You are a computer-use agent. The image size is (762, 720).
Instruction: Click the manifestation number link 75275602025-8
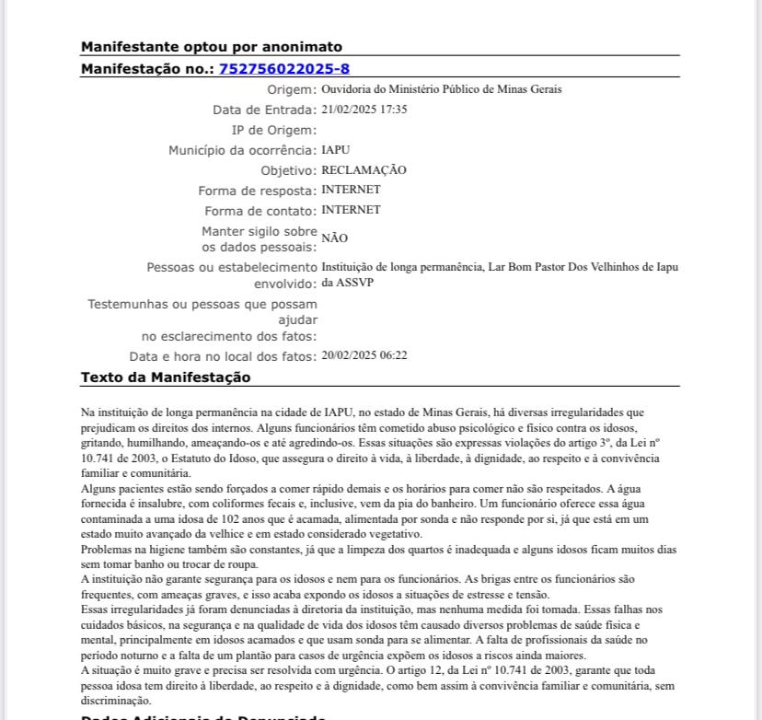pos(284,69)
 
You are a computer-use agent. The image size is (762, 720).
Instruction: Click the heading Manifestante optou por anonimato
pos(212,47)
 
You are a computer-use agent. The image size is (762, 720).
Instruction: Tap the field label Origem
pos(292,90)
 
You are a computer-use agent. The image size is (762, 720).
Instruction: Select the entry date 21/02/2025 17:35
pos(364,110)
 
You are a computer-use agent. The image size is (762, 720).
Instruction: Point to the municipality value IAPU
pos(336,150)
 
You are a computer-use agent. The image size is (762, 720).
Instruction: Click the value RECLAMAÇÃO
pos(364,170)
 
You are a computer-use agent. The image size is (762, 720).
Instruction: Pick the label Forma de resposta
pos(258,191)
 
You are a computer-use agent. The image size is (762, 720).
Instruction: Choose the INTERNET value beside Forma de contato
pos(351,210)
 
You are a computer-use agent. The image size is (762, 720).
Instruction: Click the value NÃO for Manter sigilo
pos(334,238)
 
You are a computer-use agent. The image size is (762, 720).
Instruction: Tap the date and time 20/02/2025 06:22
pos(364,355)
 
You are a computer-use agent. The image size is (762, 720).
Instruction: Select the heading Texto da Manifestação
pos(166,377)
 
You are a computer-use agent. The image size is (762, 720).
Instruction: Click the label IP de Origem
pos(274,130)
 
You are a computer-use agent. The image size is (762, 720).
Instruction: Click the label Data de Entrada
pos(265,110)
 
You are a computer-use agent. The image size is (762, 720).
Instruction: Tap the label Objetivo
pos(288,170)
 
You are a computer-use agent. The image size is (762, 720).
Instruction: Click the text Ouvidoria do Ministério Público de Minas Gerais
pos(442,90)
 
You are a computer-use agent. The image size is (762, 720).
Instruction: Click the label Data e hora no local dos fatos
pos(223,356)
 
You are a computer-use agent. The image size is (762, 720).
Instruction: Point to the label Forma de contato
pos(260,211)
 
